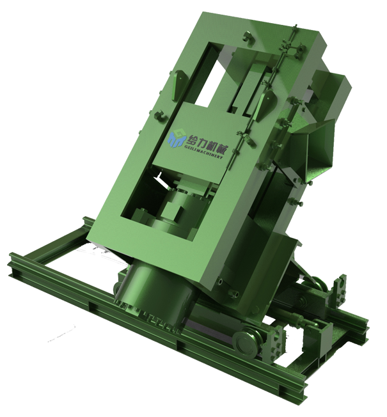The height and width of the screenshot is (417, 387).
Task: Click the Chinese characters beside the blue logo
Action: pos(207,143)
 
